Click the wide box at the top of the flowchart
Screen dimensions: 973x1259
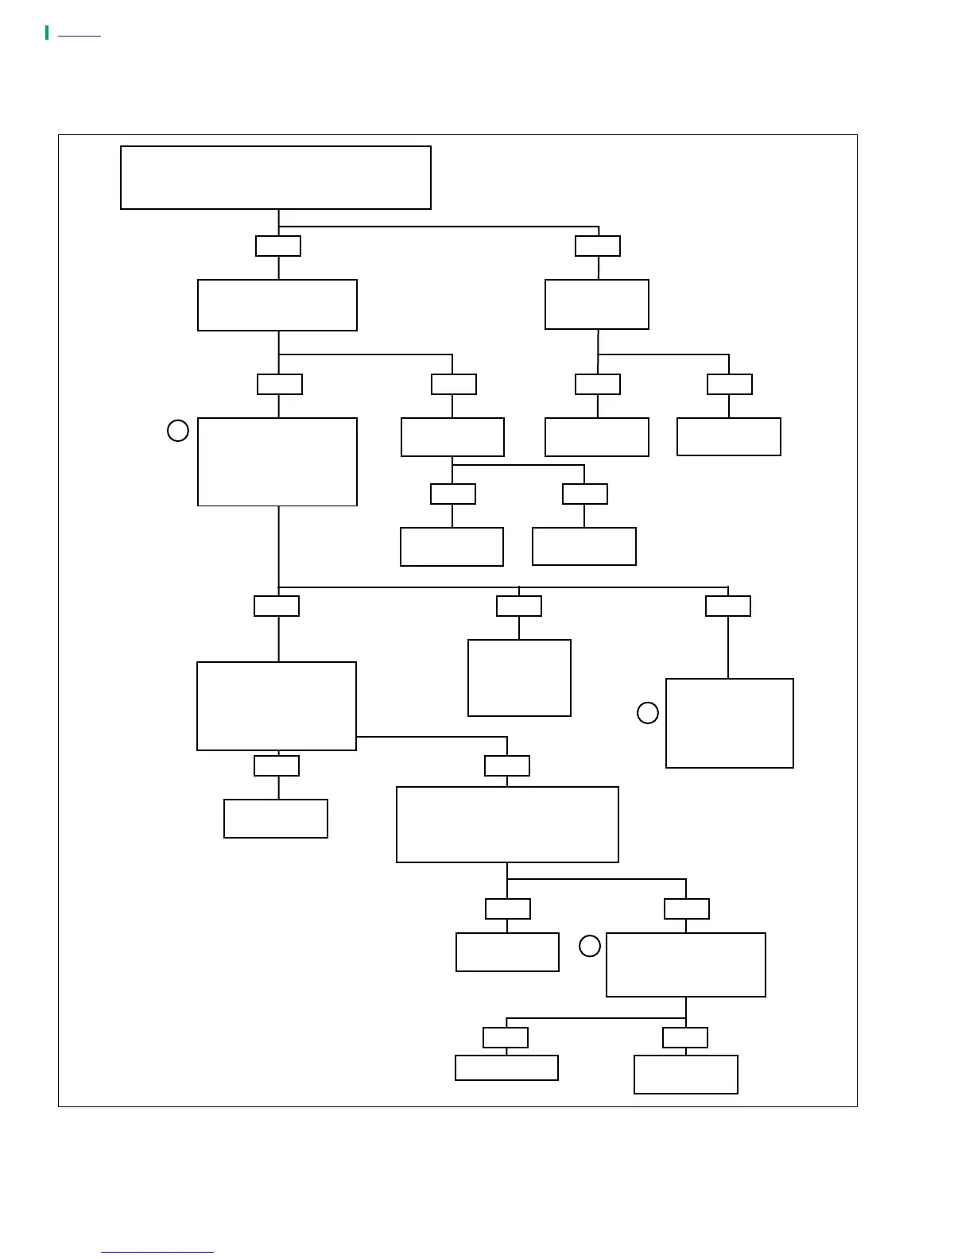click(x=275, y=177)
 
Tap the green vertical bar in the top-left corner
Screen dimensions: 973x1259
click(x=47, y=33)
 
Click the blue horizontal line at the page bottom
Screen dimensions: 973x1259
click(x=157, y=1252)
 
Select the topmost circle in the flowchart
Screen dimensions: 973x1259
click(x=178, y=431)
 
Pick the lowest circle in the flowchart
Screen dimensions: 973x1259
click(x=590, y=946)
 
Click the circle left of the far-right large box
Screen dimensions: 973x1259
click(x=648, y=713)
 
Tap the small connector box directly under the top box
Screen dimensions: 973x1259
click(x=278, y=246)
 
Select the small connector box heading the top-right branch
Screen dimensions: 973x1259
click(x=598, y=246)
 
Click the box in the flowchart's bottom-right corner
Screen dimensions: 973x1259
click(x=686, y=1075)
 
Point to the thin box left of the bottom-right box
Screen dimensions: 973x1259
click(x=506, y=1067)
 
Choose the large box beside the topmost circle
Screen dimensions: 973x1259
click(x=277, y=462)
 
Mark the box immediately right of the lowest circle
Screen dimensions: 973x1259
click(x=686, y=965)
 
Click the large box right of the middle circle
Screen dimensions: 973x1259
click(x=730, y=723)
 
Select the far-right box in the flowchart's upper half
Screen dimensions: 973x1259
click(x=729, y=436)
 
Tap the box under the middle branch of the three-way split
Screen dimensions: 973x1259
click(x=519, y=678)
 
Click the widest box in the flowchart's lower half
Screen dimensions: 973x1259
click(x=507, y=824)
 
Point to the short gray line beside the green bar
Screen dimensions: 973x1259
click(x=79, y=36)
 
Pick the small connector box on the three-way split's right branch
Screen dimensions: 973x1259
click(x=728, y=606)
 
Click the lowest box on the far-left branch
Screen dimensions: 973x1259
click(x=276, y=819)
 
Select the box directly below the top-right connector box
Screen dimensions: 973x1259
click(x=597, y=304)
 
